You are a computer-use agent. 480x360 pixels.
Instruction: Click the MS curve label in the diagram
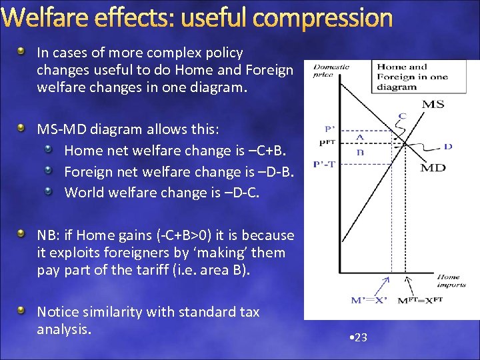(434, 103)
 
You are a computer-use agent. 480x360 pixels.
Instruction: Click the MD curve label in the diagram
(433, 167)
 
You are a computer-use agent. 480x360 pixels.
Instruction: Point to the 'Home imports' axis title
(448, 281)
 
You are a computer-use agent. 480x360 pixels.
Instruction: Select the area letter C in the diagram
(402, 116)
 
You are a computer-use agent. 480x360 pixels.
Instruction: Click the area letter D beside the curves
(447, 146)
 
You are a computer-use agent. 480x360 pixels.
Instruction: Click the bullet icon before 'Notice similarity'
(22, 311)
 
